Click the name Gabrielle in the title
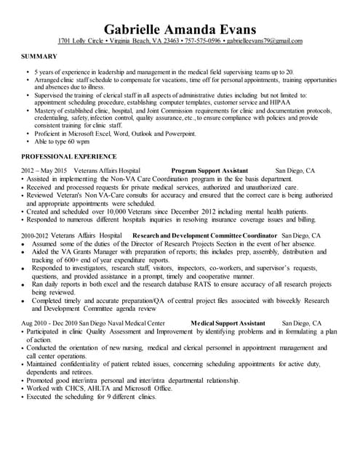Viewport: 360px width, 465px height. coord(137,28)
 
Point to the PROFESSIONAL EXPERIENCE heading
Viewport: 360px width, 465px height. coord(68,156)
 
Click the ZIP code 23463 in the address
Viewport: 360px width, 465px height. coord(166,41)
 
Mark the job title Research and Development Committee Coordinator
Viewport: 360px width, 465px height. coord(205,236)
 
